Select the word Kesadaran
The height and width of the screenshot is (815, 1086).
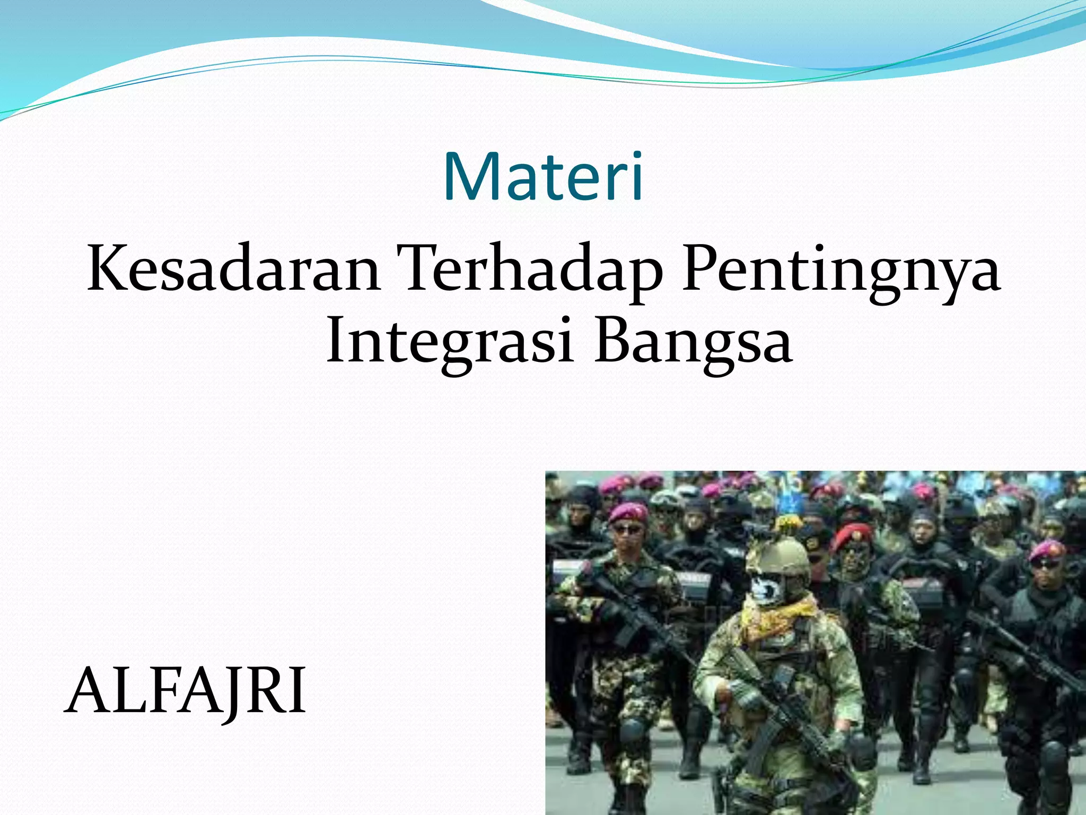[233, 268]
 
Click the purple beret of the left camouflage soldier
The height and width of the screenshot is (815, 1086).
[628, 511]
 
